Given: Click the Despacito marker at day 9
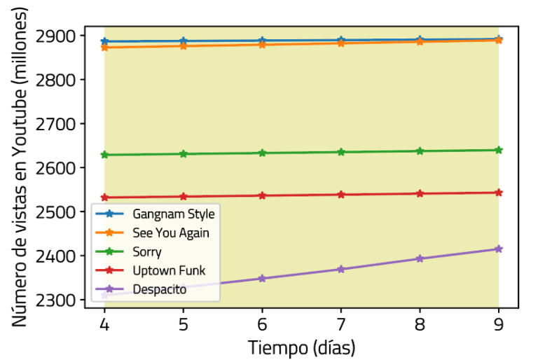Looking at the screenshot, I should (x=499, y=249).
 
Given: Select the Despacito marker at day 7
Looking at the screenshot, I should (x=341, y=269).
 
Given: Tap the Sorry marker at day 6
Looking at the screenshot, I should (x=262, y=153).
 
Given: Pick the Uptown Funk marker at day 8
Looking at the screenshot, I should (x=420, y=193).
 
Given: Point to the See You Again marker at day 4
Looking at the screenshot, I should (x=104, y=47).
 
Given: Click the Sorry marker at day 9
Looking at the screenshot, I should (x=499, y=150).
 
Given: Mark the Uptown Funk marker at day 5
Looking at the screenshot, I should (x=184, y=196).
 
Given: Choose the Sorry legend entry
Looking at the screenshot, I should (x=147, y=251).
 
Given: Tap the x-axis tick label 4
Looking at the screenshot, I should (x=104, y=326).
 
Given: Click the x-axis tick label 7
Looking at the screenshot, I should (x=341, y=326).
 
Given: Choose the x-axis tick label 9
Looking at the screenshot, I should (x=499, y=326).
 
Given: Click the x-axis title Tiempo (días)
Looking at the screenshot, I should (x=301, y=347).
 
